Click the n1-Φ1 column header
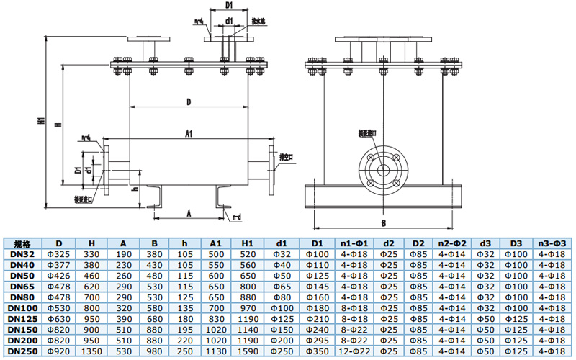click(x=354, y=244)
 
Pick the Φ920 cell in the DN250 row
click(x=64, y=351)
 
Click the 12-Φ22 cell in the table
click(x=354, y=351)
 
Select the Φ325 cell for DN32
click(x=64, y=255)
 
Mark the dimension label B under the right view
click(x=383, y=223)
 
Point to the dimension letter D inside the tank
click(x=188, y=103)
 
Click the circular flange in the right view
click(x=383, y=167)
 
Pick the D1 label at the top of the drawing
click(x=228, y=6)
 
